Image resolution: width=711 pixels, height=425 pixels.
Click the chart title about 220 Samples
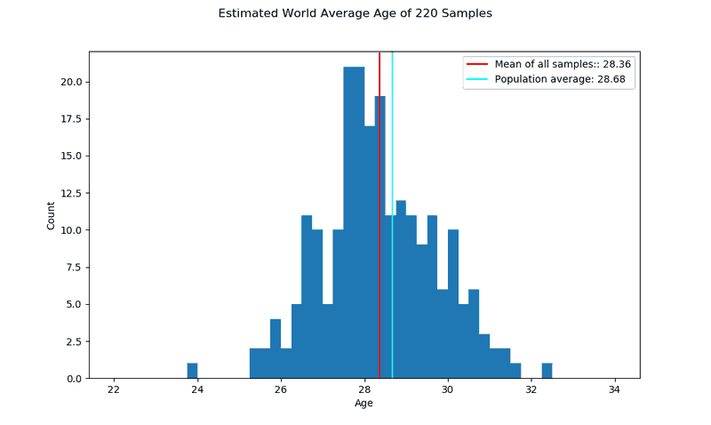[x=355, y=14]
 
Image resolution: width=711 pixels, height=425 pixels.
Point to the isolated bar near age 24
[x=192, y=371]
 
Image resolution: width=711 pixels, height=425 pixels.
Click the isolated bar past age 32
[x=547, y=371]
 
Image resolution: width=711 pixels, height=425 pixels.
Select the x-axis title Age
[x=363, y=404]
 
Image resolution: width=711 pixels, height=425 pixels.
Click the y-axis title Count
[x=51, y=215]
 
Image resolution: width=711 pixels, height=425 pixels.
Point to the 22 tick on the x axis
[x=114, y=390]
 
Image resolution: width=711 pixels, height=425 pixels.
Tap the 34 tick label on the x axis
[x=614, y=390]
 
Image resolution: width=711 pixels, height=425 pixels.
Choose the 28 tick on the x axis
[x=364, y=390]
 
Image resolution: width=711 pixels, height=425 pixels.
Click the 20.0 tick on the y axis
[x=72, y=82]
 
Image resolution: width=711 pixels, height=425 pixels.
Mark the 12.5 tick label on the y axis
[x=72, y=193]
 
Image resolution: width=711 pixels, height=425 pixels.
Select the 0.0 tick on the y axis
[x=75, y=379]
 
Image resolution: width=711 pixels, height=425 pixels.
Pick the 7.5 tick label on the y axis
[x=75, y=268]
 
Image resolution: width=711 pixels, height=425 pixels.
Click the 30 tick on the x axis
[x=447, y=390]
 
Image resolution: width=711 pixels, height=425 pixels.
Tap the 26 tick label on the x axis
[x=281, y=390]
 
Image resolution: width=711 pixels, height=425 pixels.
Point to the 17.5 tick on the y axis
[x=72, y=119]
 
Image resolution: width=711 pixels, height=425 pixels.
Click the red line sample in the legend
[x=478, y=64]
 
